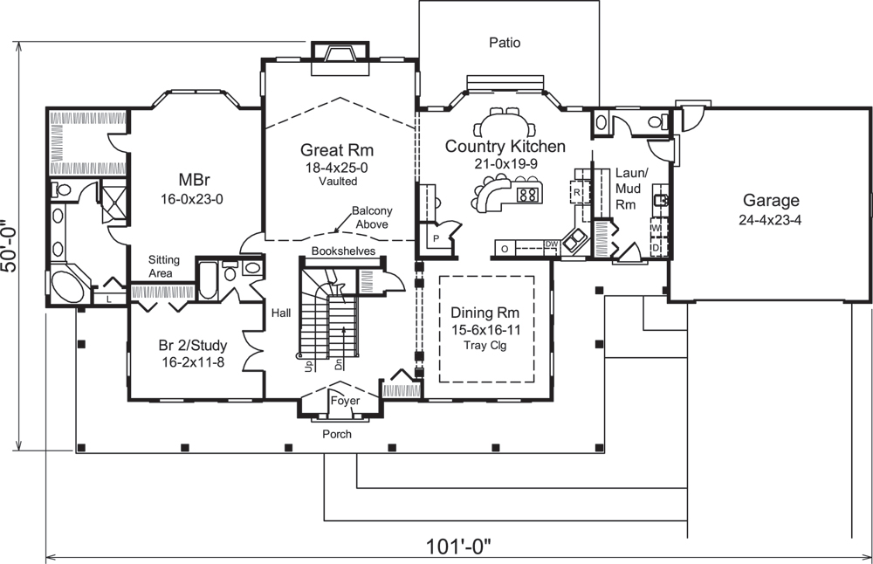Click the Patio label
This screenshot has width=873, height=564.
[505, 42]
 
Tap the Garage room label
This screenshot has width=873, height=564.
[770, 201]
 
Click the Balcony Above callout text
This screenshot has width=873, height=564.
[370, 217]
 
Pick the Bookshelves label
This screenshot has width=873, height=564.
[338, 251]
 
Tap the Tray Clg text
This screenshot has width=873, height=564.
[485, 344]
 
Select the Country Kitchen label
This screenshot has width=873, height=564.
[505, 146]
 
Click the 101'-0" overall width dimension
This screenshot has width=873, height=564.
[458, 547]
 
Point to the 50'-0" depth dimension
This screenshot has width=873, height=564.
[11, 246]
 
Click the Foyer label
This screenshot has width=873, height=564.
[344, 401]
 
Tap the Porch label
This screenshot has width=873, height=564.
[337, 434]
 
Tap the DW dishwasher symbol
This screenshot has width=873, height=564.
[551, 244]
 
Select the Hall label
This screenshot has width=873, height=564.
[280, 312]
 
